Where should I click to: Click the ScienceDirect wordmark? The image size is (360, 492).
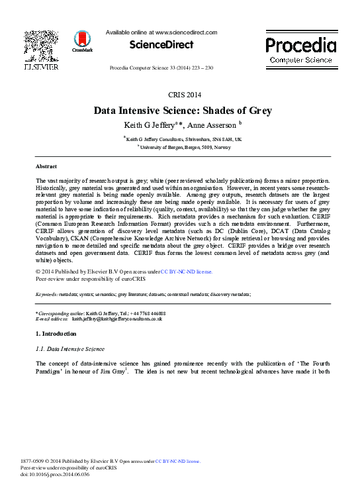point(161,45)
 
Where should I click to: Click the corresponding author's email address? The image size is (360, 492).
point(117,319)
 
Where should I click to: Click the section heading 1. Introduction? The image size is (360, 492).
point(56,333)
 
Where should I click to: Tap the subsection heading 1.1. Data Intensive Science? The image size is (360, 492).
point(69,348)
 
